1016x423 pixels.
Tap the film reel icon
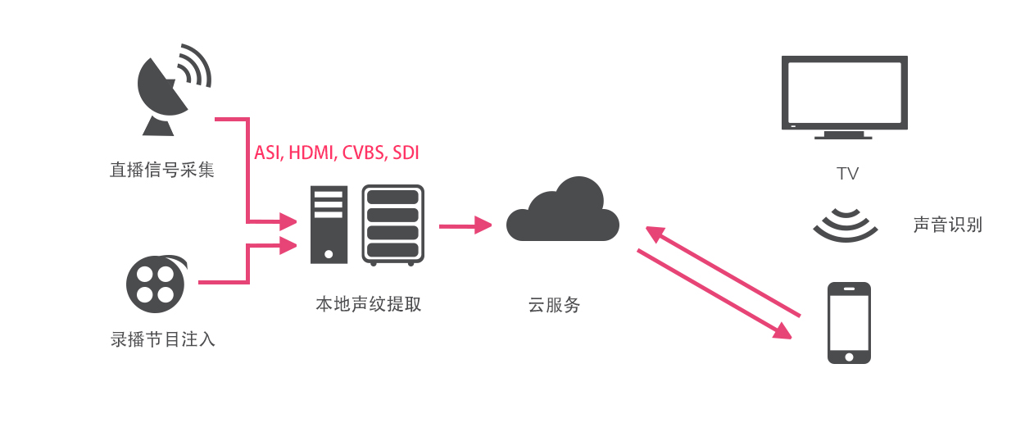156,284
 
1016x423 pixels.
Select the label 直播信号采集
162,170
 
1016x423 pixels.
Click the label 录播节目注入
163,339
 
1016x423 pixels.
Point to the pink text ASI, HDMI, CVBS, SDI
337,153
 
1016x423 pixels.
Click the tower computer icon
329,225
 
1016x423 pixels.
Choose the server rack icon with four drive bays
392,225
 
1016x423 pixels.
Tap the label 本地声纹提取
369,304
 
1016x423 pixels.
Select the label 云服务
554,304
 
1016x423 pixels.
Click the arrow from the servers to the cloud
465,225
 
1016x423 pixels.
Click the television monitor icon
845,97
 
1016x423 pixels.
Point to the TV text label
847,173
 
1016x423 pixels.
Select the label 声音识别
947,225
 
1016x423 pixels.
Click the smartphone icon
849,323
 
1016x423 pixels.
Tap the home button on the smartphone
849,357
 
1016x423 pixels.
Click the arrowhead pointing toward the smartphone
782,331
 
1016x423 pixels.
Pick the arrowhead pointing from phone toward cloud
655,234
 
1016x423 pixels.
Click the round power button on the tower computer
329,254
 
